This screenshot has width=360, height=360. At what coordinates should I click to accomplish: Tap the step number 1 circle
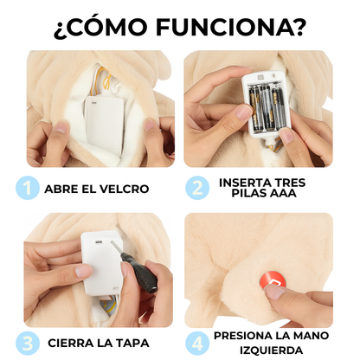tap(28, 188)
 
